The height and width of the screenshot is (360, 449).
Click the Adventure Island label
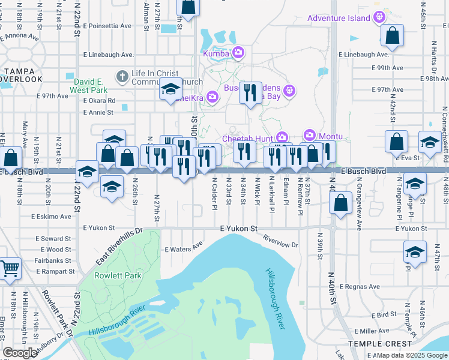[x=339, y=18]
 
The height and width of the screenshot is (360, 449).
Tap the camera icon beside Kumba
[x=238, y=53]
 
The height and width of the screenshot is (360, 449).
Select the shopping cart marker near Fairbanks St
[x=10, y=271]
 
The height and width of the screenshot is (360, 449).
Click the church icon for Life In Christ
[x=122, y=76]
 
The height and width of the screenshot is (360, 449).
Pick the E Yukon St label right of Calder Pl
[x=238, y=229]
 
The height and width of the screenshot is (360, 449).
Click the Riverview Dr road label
[x=280, y=241]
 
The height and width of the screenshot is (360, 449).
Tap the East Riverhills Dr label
[x=119, y=247]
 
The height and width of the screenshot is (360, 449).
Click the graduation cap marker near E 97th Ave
[x=170, y=90]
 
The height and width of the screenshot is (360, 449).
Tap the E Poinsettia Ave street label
[x=107, y=26]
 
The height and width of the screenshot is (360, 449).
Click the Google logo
[x=20, y=353]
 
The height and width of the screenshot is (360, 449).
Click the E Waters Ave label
[x=184, y=248]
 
